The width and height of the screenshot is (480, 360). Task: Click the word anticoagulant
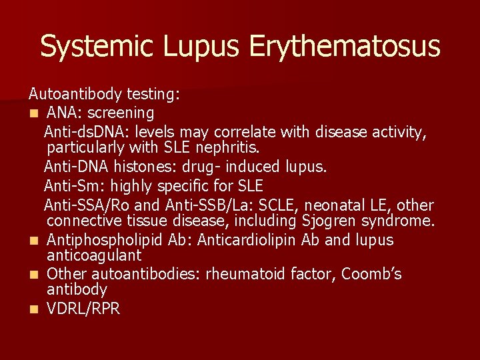click(x=94, y=255)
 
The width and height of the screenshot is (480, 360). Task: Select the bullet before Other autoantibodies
click(x=33, y=275)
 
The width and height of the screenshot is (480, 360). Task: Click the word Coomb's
click(x=371, y=274)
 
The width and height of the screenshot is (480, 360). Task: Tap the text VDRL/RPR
click(x=83, y=309)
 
